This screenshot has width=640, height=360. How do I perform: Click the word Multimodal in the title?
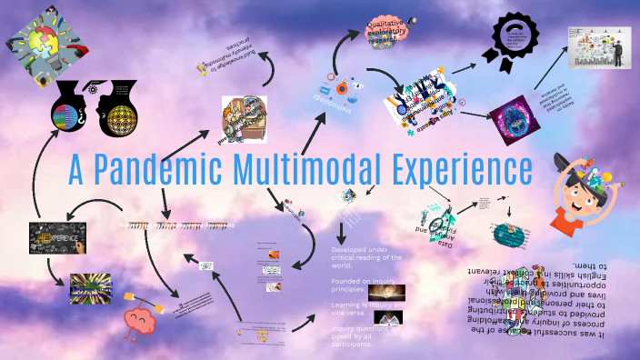click(x=293, y=171)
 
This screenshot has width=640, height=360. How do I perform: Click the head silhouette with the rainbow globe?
click(x=72, y=113)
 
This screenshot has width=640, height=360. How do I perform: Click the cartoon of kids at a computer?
click(x=244, y=119)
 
